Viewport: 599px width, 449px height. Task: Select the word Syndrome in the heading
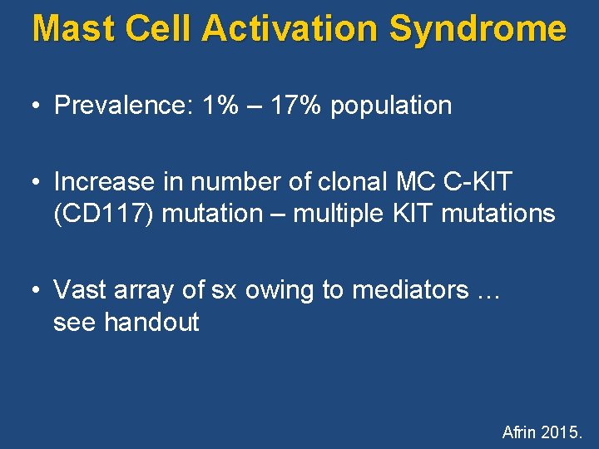(x=478, y=28)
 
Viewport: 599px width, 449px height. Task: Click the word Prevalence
(x=123, y=106)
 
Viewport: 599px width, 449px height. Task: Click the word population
(x=391, y=106)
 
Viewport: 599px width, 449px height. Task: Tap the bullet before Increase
(x=34, y=181)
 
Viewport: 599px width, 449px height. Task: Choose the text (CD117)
(x=104, y=214)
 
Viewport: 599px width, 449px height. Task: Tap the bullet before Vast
(x=34, y=290)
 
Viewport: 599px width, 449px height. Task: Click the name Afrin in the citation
(x=519, y=432)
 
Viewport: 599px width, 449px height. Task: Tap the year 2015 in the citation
(x=564, y=432)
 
